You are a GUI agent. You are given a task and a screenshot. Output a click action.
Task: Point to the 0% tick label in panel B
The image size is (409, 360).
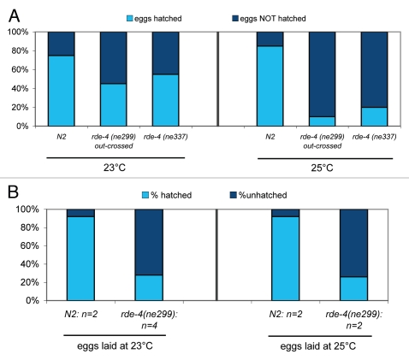[25, 301]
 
